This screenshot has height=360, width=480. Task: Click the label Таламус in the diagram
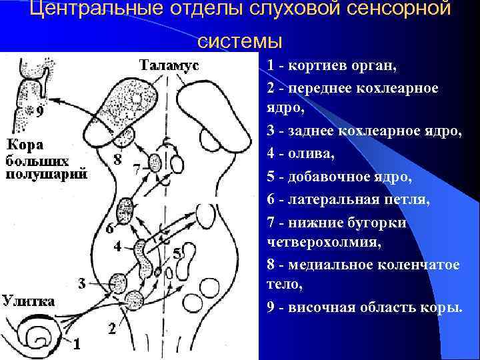click(x=169, y=65)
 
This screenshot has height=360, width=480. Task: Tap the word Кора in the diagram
click(x=25, y=145)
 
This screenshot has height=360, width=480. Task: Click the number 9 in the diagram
click(x=41, y=112)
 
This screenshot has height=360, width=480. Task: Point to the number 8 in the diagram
click(x=117, y=160)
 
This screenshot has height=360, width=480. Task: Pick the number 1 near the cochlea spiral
click(x=77, y=344)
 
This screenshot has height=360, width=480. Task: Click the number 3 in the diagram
click(x=81, y=283)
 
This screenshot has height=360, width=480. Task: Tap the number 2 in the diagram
click(x=113, y=329)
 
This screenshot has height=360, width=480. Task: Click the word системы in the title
click(x=240, y=41)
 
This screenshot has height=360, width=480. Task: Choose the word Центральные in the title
click(x=83, y=11)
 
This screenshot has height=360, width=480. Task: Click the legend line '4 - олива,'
click(x=302, y=154)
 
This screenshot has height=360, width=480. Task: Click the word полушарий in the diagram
click(x=47, y=175)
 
